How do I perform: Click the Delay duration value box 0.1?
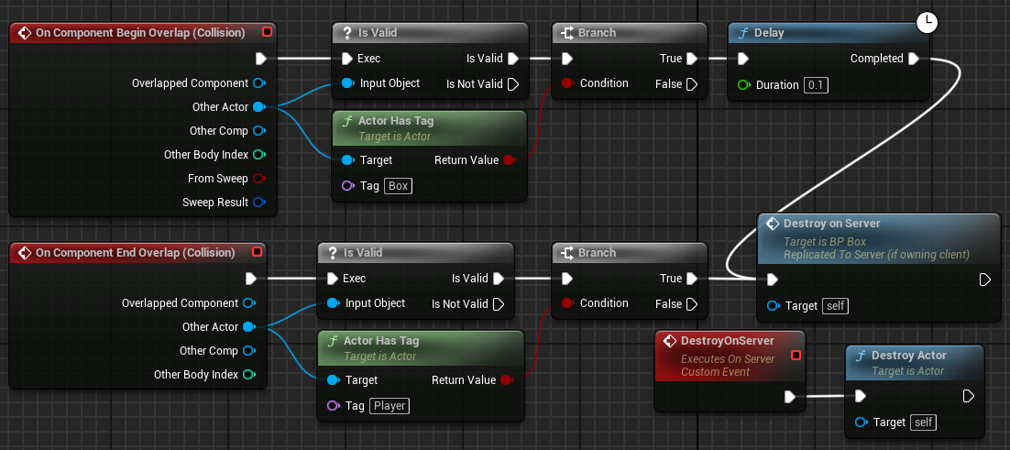pyautogui.click(x=816, y=85)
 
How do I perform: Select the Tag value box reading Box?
pyautogui.click(x=398, y=186)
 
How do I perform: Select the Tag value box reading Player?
pyautogui.click(x=390, y=406)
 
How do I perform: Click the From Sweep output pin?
pyautogui.click(x=259, y=179)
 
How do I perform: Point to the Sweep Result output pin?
pyautogui.click(x=259, y=203)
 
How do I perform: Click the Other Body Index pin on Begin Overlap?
pyautogui.click(x=259, y=155)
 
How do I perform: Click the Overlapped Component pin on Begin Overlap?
pyautogui.click(x=259, y=83)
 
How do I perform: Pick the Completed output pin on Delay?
pyautogui.click(x=913, y=59)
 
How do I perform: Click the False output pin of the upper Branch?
pyautogui.click(x=692, y=84)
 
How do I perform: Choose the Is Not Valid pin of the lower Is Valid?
pyautogui.click(x=499, y=304)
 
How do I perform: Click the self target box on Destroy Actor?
pyautogui.click(x=922, y=423)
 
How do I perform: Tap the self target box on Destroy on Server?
pyautogui.click(x=834, y=305)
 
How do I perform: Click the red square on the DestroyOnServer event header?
pyautogui.click(x=796, y=355)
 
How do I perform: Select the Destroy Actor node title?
pyautogui.click(x=908, y=356)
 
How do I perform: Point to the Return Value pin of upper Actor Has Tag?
pyautogui.click(x=510, y=160)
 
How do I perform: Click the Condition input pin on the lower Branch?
pyautogui.click(x=566, y=303)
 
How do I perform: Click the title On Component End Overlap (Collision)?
pyautogui.click(x=135, y=252)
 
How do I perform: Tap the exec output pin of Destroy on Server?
pyautogui.click(x=985, y=280)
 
